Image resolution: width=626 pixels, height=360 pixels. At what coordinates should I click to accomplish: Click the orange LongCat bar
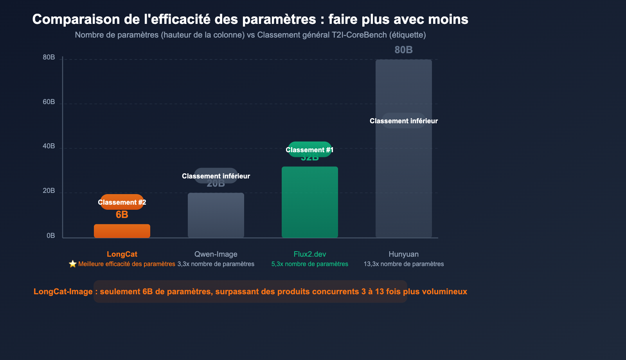click(x=122, y=231)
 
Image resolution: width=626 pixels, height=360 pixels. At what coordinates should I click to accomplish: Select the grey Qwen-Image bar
click(x=216, y=215)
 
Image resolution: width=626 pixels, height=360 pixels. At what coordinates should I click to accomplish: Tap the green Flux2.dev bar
click(x=310, y=202)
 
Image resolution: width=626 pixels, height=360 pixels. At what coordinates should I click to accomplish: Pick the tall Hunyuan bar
click(x=404, y=176)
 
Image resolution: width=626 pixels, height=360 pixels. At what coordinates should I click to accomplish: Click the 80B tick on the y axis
click(x=49, y=58)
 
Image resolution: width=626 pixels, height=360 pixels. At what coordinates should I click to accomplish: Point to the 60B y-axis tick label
click(x=49, y=102)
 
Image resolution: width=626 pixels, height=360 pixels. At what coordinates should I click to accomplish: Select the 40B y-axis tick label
click(x=49, y=146)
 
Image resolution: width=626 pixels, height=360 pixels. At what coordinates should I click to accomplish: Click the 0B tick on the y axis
click(x=51, y=236)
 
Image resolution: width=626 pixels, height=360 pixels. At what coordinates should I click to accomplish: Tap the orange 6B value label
click(x=122, y=215)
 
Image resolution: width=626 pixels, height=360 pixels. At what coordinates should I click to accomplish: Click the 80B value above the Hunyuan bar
click(x=404, y=50)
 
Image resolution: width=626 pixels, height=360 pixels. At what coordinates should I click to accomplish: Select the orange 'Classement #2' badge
click(x=122, y=202)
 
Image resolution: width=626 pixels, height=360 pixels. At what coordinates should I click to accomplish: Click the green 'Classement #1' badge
click(x=310, y=150)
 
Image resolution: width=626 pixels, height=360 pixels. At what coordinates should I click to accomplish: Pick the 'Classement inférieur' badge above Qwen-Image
click(x=216, y=176)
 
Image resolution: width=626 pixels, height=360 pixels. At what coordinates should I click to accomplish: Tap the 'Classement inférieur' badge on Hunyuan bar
click(x=404, y=121)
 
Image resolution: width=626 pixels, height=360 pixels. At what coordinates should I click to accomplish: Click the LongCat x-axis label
click(x=122, y=254)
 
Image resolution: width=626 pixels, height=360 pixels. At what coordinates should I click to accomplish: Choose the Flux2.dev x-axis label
click(x=310, y=254)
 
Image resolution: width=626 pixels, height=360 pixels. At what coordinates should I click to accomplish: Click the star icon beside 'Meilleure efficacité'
click(x=73, y=264)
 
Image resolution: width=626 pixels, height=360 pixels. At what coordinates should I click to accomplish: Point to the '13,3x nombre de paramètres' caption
click(x=404, y=264)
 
